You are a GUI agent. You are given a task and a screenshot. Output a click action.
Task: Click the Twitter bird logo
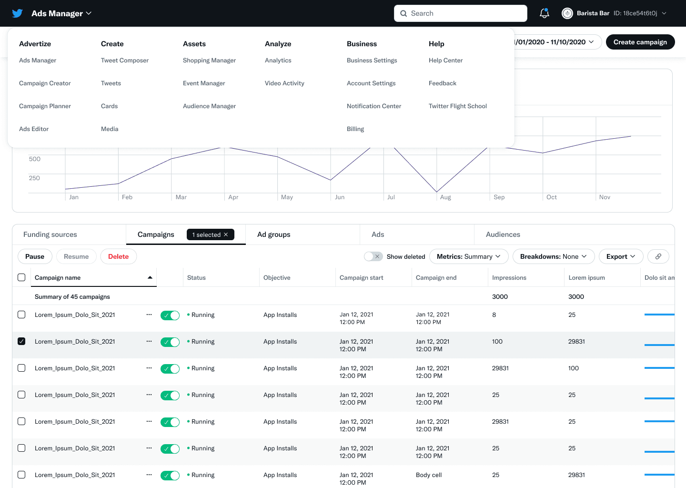18,13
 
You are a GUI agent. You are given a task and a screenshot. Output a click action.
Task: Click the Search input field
460,13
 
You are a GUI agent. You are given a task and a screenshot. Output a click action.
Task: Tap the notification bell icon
544,13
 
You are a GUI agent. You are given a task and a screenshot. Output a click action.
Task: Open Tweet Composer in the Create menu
125,61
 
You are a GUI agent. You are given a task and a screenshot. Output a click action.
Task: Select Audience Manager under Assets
209,106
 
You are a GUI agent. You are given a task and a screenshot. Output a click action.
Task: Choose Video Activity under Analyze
284,83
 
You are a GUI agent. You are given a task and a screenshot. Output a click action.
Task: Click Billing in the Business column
355,129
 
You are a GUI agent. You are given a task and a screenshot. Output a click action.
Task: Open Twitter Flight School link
457,106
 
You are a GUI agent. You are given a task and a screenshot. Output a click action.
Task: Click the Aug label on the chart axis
445,197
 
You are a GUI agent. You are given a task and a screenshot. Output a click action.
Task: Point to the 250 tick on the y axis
34,178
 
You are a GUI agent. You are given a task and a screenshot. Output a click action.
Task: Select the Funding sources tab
50,234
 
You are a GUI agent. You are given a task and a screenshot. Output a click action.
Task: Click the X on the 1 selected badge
226,235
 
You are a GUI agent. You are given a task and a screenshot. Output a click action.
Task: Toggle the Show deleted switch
373,256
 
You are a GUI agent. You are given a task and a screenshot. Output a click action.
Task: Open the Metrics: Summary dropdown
468,256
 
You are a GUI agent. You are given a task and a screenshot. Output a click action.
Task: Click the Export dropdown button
620,256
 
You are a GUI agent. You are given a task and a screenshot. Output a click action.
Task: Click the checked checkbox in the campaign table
21,341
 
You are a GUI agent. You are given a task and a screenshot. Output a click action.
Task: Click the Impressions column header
509,278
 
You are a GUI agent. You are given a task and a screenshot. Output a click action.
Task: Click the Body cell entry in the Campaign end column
429,475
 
